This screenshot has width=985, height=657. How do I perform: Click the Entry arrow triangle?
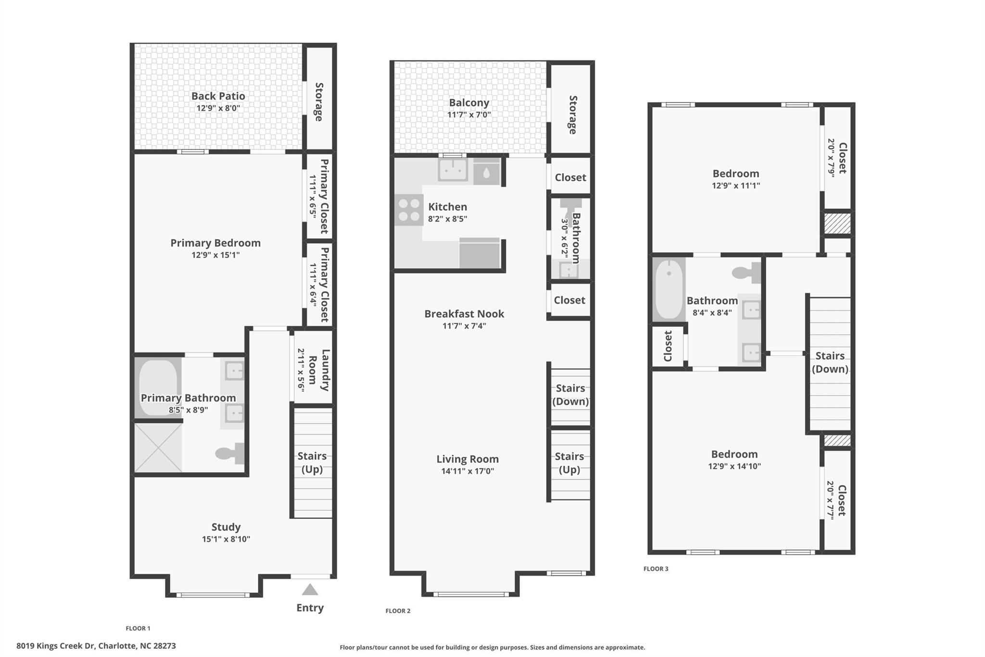coord(310,590)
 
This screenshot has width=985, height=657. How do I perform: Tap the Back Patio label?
coord(218,96)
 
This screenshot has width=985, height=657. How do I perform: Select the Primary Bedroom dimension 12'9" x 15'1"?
coord(215,255)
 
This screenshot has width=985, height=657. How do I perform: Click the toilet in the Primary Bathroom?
coord(230,453)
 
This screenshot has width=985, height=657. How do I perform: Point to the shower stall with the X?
coord(158,448)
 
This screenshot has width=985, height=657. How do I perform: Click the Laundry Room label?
coord(318,370)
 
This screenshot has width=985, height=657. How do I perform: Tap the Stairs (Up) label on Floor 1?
coord(312,462)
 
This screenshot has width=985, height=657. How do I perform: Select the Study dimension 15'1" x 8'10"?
coord(226,539)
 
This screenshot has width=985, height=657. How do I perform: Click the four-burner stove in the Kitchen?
coord(409,210)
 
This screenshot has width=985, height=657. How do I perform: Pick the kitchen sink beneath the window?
coord(453,170)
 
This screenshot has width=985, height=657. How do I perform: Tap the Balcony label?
coord(469,103)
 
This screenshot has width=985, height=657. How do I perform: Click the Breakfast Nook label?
coord(464,314)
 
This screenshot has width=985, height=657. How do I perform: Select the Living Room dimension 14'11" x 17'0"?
coord(467,471)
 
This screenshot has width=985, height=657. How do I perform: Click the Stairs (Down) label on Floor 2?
coord(570,395)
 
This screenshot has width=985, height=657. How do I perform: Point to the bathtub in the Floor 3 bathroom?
coord(669,289)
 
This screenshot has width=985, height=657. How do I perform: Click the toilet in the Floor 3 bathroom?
coord(746,273)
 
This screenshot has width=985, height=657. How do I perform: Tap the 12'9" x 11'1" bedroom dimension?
coord(736,186)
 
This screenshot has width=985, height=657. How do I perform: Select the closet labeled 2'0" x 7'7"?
coord(837,501)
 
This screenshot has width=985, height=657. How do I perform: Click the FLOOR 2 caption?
coord(398,611)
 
